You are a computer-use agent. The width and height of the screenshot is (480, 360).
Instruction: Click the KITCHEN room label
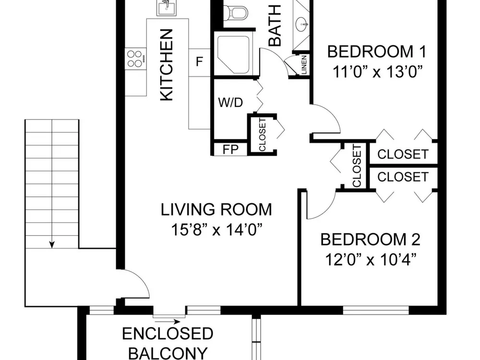tap(167, 65)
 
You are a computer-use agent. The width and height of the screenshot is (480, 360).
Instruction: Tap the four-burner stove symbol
tap(135, 59)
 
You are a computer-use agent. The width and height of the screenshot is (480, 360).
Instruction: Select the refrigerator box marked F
tap(199, 62)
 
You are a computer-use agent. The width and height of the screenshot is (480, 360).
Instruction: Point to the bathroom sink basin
tap(302, 24)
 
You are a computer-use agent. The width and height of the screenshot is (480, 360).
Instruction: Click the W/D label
tap(230, 103)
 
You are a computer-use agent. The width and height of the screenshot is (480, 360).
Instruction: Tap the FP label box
tap(230, 149)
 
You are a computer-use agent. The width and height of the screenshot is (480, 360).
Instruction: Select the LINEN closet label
tap(304, 65)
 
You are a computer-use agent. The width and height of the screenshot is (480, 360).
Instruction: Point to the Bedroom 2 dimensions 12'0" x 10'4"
tap(371, 260)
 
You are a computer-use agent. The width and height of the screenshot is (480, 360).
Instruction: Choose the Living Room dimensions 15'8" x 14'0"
tap(216, 229)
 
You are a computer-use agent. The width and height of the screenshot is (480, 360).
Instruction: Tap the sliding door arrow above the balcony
tap(167, 322)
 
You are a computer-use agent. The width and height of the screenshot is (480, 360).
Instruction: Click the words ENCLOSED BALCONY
tap(168, 343)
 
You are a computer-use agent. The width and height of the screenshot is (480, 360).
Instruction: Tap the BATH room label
tap(275, 25)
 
